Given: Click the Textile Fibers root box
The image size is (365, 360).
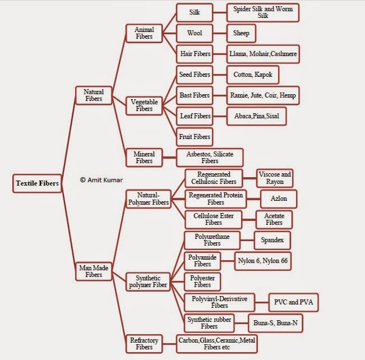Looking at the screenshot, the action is coord(37,183).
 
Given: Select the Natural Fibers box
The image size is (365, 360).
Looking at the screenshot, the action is coord(94,95).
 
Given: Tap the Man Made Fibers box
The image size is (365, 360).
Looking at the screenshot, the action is coord(94,271).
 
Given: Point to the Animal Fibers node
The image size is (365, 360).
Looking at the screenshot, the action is coord(144,33).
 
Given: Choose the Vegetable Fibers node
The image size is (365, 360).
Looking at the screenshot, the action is coord(144,106).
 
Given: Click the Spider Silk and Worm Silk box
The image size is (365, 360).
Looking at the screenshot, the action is coord(263,12).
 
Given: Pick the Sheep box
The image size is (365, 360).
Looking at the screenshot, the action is coord(241,33).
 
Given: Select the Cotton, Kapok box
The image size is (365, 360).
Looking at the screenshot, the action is coord(252,75).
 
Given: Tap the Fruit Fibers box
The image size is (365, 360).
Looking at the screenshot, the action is coord(195,137).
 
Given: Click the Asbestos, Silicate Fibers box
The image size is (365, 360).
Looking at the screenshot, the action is coord(210,158).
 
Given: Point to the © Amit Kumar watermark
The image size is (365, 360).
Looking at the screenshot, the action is coord(101,180).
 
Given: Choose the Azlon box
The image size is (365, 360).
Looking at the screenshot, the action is coord(279,199).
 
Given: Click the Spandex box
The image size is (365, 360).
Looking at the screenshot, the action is coord(272,241).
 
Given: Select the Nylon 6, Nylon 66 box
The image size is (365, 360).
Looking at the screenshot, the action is coord(262,261).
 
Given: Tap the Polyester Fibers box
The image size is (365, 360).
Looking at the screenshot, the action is coord(202,281).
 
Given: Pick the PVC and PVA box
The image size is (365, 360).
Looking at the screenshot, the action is coord(293,302).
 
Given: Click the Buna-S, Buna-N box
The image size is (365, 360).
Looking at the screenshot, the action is coord(275,323).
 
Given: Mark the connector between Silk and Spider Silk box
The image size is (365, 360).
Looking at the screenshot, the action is coord(220,12).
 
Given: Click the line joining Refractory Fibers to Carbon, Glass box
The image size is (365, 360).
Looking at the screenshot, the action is coord(169,344).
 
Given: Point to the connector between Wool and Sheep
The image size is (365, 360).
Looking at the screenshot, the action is coord(220,33).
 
